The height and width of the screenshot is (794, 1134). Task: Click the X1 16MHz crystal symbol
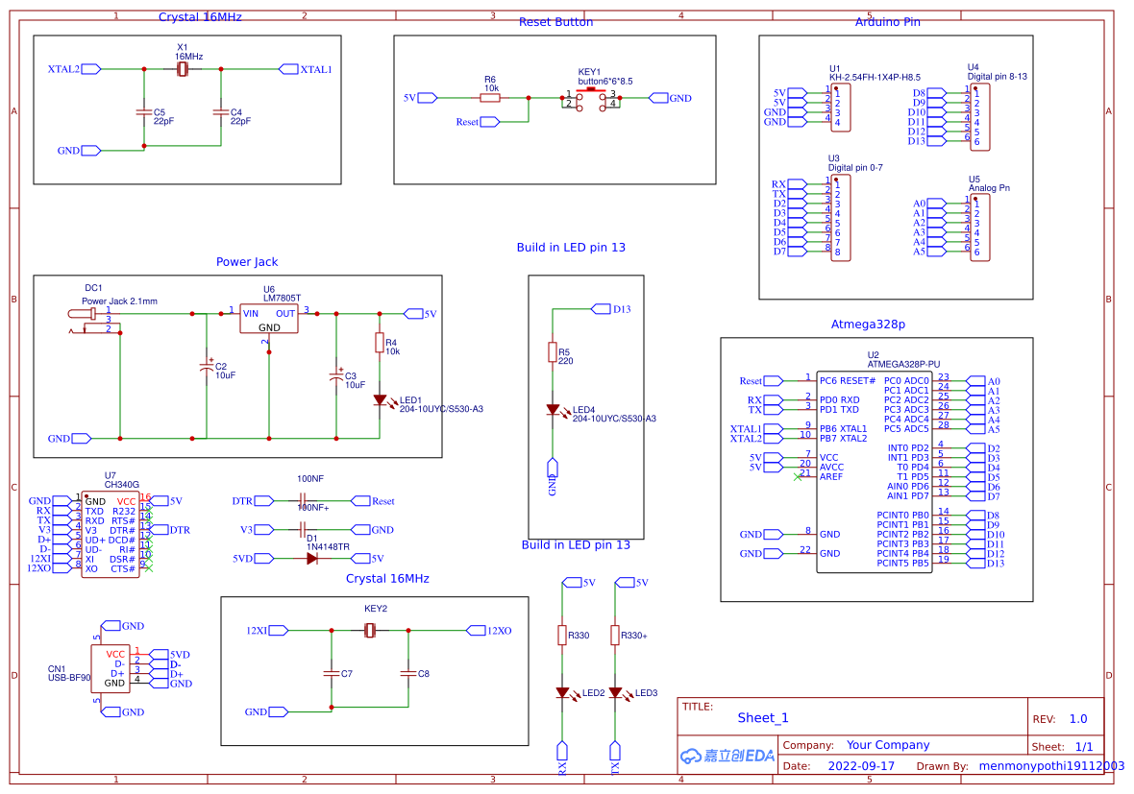pyautogui.click(x=183, y=69)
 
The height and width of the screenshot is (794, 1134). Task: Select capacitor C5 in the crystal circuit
pyautogui.click(x=144, y=113)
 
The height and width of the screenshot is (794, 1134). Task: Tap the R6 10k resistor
pyautogui.click(x=490, y=97)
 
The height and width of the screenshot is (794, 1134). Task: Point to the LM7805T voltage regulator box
pyautogui.click(x=269, y=319)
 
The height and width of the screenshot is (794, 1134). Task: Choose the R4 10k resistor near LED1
pyautogui.click(x=380, y=344)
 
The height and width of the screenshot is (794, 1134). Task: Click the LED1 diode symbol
pyautogui.click(x=380, y=399)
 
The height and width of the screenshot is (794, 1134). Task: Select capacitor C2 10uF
pyautogui.click(x=206, y=368)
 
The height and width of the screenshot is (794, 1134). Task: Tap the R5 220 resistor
pyautogui.click(x=553, y=352)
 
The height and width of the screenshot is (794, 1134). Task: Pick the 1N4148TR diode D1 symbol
pyautogui.click(x=311, y=558)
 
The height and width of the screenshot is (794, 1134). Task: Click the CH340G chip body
pyautogui.click(x=110, y=535)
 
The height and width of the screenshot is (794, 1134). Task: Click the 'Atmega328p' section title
pyautogui.click(x=868, y=325)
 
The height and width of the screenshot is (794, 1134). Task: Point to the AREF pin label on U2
pyautogui.click(x=830, y=476)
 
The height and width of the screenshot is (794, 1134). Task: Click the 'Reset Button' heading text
pyautogui.click(x=555, y=22)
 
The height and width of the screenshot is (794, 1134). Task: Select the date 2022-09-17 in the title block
pyautogui.click(x=860, y=766)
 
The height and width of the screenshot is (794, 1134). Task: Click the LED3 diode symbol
pyautogui.click(x=615, y=692)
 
